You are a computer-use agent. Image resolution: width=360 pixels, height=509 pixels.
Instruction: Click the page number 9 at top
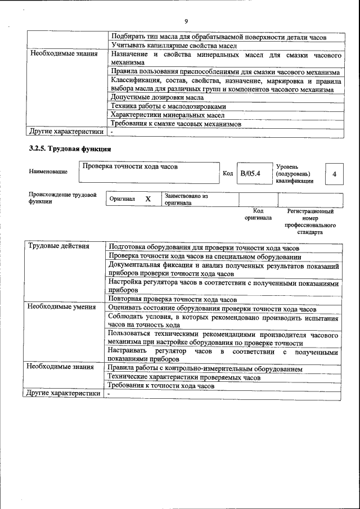coord(186,21)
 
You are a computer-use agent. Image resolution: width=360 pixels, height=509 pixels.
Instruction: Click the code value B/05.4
coord(250,174)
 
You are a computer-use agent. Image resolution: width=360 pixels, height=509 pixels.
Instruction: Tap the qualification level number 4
coord(334,174)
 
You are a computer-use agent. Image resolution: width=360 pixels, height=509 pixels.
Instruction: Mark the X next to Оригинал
coord(148,199)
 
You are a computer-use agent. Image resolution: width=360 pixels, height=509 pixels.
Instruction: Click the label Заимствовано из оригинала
coord(186,199)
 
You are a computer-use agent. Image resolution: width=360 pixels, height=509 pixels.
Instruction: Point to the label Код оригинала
coord(258,214)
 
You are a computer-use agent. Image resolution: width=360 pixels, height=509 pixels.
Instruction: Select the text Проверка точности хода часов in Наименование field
coord(129,166)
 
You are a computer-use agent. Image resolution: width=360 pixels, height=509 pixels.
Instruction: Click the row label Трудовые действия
coord(58,246)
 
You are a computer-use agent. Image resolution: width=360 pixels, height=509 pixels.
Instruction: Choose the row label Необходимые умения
coord(62,307)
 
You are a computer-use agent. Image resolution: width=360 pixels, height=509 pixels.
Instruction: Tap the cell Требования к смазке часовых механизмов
coord(175,124)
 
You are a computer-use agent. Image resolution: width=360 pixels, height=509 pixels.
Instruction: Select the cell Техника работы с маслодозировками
coord(168,106)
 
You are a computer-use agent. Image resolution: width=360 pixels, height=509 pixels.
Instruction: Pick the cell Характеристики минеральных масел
coord(168,115)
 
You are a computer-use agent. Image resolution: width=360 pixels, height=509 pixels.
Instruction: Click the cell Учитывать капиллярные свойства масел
coord(173,45)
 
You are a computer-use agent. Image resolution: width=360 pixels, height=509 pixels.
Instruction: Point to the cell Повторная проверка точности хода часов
coord(173,299)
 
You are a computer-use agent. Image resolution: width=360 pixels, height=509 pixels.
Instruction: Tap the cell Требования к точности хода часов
coord(161,386)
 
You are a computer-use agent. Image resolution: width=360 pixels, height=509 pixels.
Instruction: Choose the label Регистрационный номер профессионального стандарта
coord(310,222)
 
